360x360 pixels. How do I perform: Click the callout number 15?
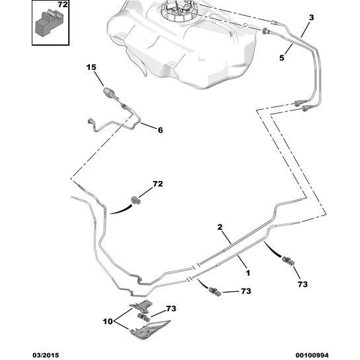pyautogui.click(x=91, y=67)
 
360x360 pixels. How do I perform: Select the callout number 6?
pyautogui.click(x=161, y=130)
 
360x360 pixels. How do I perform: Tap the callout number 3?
pyautogui.click(x=311, y=18)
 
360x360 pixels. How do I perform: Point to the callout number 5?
pyautogui.click(x=281, y=57)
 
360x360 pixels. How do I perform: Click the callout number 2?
pyautogui.click(x=220, y=227)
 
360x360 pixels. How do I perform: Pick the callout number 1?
pyautogui.click(x=248, y=273)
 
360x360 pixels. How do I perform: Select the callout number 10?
pyautogui.click(x=108, y=322)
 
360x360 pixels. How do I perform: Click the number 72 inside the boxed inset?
pyautogui.click(x=63, y=5)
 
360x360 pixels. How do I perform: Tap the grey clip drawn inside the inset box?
pyautogui.click(x=49, y=22)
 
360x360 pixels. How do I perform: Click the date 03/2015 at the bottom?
pyautogui.click(x=46, y=355)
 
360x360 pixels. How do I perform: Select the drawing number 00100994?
pyautogui.click(x=312, y=355)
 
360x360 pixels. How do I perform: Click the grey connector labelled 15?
pyautogui.click(x=109, y=92)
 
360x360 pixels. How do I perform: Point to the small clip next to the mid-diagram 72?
pyautogui.click(x=135, y=199)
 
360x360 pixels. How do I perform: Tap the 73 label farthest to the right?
pyautogui.click(x=303, y=284)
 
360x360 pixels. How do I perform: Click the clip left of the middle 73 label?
pyautogui.click(x=215, y=291)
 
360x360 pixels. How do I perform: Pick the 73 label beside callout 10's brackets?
pyautogui.click(x=171, y=308)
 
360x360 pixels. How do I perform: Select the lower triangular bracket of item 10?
pyautogui.click(x=150, y=330)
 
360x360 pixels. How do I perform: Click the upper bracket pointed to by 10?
pyautogui.click(x=142, y=306)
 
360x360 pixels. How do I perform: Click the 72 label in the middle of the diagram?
pyautogui.click(x=158, y=184)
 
